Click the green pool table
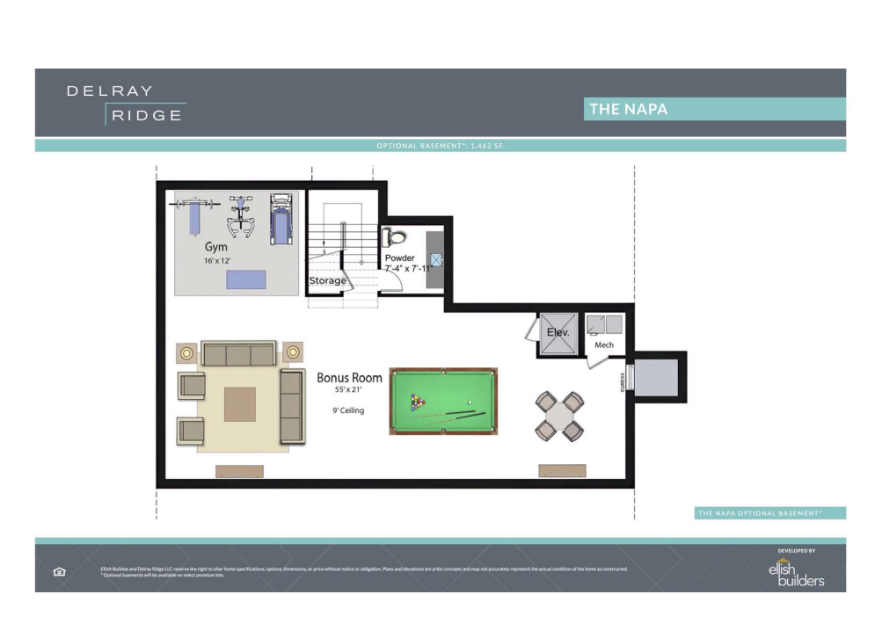tap(443, 401)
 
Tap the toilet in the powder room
tap(394, 236)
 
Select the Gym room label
tap(216, 248)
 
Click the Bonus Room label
tap(349, 378)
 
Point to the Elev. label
tap(558, 333)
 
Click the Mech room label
tap(604, 344)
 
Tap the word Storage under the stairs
tap(327, 281)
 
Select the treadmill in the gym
tap(281, 219)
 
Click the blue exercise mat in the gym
tap(245, 279)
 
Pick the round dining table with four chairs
tap(560, 416)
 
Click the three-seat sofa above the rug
tap(237, 355)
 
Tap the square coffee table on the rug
tap(239, 404)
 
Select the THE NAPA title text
tap(629, 109)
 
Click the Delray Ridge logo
tap(126, 103)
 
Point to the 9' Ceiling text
tap(343, 410)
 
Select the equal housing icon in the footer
tap(60, 571)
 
